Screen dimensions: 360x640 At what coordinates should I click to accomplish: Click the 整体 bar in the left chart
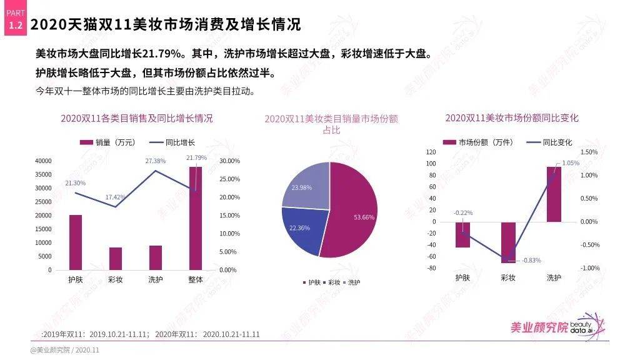click(196, 218)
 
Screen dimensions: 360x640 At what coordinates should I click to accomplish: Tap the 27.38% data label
click(156, 161)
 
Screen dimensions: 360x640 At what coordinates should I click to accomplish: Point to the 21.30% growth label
click(76, 183)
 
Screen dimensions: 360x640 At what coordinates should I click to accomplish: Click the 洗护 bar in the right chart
click(554, 194)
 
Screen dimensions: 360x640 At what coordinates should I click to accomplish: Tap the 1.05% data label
click(571, 163)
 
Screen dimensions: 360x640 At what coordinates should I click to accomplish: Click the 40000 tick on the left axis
click(43, 161)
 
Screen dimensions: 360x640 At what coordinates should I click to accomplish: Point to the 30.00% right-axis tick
click(230, 161)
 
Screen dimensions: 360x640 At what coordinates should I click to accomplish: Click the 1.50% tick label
click(589, 152)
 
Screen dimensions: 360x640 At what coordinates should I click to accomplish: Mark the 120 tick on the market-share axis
click(430, 152)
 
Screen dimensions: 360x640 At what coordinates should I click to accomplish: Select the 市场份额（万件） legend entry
click(478, 142)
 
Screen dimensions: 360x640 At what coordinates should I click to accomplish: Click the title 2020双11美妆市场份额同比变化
click(512, 117)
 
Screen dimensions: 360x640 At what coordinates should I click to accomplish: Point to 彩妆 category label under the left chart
click(115, 279)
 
